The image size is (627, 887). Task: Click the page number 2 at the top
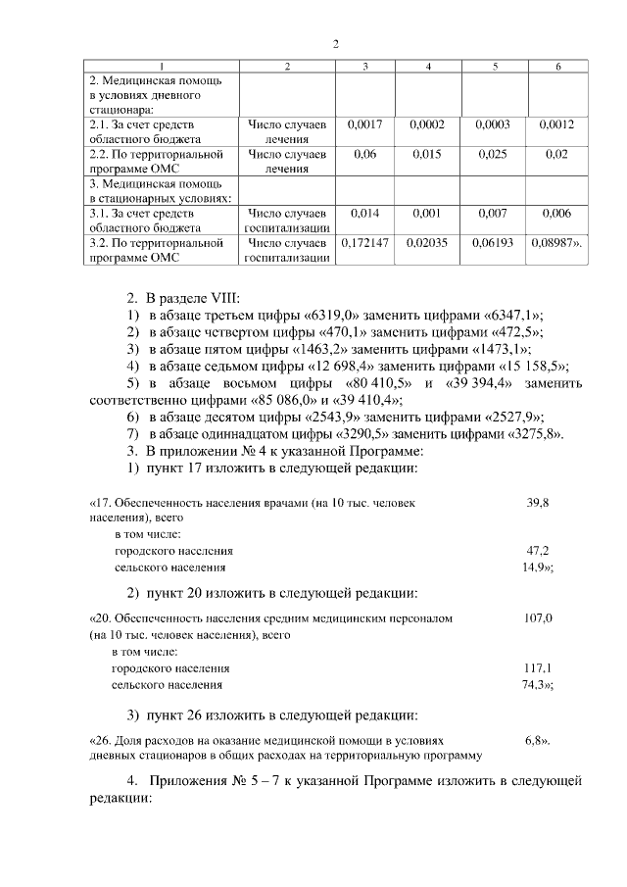click(x=335, y=44)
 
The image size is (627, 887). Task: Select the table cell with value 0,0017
click(x=365, y=125)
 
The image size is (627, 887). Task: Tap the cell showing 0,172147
click(x=364, y=242)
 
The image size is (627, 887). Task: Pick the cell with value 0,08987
click(x=555, y=242)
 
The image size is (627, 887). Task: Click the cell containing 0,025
click(x=495, y=155)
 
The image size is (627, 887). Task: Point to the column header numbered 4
click(x=428, y=67)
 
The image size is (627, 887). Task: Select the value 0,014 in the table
click(x=365, y=213)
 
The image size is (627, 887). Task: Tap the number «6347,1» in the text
click(x=512, y=315)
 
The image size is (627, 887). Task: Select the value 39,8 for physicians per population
click(x=538, y=502)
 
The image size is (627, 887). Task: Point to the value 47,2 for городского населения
click(x=538, y=551)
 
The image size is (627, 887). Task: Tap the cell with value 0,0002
click(x=428, y=125)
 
